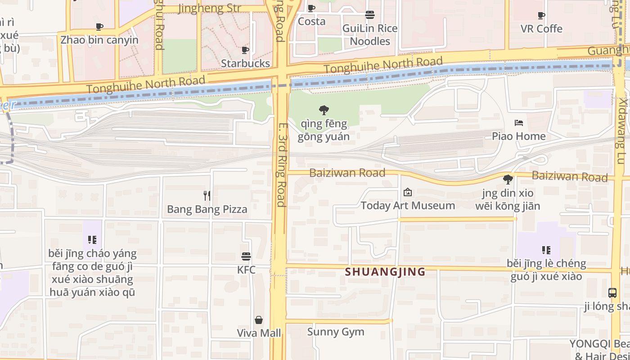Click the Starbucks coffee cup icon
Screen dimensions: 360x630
pos(245,50)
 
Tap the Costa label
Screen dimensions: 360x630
pos(311,21)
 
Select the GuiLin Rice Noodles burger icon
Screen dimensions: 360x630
pos(370,15)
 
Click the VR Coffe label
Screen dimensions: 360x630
pos(541,29)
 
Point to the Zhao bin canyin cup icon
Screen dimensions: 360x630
pos(99,27)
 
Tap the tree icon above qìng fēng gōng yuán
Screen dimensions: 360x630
pos(324,110)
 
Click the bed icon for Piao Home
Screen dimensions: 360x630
pos(518,123)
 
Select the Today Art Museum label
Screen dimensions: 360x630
pos(408,206)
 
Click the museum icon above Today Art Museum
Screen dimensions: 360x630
pos(408,193)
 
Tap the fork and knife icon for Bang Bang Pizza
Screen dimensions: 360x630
pos(207,196)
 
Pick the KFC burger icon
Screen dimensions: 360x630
pos(246,256)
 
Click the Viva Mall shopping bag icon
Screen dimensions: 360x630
pos(259,320)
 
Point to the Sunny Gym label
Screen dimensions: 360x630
pos(336,332)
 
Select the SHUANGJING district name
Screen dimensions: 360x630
pos(385,272)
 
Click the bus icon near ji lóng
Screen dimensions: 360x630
pos(612,293)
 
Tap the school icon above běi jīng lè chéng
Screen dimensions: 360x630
pos(546,250)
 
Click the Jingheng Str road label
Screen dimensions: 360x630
pos(209,8)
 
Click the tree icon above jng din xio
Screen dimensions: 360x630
pos(508,180)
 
